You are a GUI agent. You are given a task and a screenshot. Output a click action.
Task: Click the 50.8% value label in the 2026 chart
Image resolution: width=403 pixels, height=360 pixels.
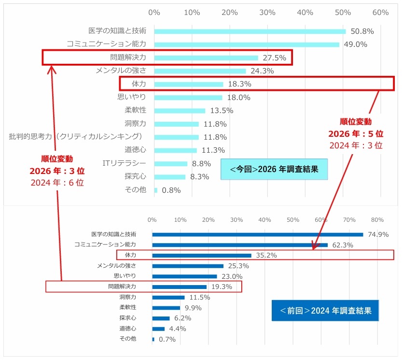[x=362, y=31]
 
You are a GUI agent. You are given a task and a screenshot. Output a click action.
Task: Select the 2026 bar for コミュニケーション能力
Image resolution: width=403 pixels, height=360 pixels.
[x=247, y=44]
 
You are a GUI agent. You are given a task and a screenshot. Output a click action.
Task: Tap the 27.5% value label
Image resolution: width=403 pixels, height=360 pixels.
[x=274, y=58]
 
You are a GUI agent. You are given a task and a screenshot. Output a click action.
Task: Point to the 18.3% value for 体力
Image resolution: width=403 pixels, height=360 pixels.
[x=239, y=84]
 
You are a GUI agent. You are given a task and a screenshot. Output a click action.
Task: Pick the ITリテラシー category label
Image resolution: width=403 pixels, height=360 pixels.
[x=124, y=163]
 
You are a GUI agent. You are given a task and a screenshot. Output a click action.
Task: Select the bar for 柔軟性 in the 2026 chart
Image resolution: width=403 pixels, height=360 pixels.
[x=180, y=111]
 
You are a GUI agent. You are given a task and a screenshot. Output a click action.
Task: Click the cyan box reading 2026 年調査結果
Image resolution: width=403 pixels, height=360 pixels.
[x=274, y=169]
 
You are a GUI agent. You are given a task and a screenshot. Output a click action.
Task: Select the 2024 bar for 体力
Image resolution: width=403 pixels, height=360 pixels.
[x=202, y=255]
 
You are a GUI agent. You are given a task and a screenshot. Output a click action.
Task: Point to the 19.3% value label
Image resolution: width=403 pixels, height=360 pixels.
[x=222, y=287]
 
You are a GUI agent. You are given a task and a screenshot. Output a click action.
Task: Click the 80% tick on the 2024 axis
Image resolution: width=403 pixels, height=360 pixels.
[x=377, y=220]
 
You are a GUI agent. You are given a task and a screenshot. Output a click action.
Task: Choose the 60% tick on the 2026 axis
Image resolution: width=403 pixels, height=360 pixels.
[x=380, y=12]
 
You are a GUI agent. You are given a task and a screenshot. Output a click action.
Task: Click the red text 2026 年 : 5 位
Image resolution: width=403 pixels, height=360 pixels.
[x=356, y=133]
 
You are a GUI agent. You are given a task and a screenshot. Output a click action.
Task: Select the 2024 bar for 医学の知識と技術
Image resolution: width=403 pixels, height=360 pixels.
[x=257, y=234]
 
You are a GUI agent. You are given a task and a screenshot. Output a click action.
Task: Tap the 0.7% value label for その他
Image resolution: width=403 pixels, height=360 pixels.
[x=167, y=339]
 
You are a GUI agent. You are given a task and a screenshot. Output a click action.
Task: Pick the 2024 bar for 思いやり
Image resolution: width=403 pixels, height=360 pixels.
[x=184, y=276]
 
